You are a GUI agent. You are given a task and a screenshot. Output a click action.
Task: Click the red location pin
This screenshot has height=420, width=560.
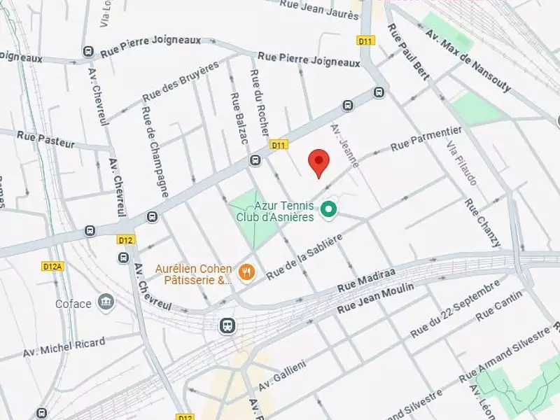tap(319, 162)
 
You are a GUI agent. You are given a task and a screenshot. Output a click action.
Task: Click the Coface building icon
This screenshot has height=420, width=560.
tap(106, 302)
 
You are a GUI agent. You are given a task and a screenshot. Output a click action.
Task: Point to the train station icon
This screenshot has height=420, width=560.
tap(227, 325)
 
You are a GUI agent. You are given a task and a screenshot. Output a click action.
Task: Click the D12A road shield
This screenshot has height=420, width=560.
tap(52, 266)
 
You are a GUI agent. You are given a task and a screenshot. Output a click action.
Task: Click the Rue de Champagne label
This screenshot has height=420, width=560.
tap(154, 151)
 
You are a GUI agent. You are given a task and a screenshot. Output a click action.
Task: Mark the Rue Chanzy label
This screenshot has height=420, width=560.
tap(482, 223)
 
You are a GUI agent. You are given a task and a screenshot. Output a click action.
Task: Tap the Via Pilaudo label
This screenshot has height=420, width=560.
tap(462, 162)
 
